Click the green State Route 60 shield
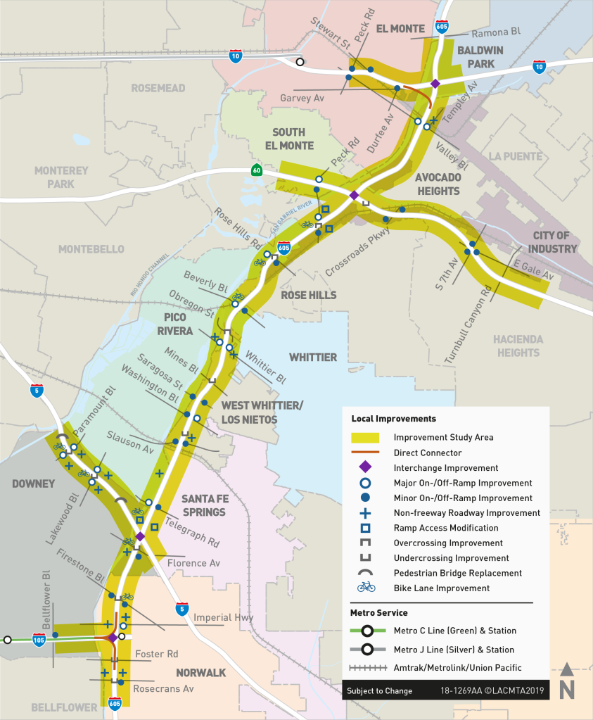[x=258, y=170]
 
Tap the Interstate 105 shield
[x=39, y=640]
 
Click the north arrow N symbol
[x=566, y=682]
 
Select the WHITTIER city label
[x=312, y=357]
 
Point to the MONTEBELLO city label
[x=91, y=249]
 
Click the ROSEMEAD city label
[x=158, y=88]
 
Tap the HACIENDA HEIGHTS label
[x=518, y=346]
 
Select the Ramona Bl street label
[x=495, y=33]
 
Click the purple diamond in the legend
[x=365, y=468]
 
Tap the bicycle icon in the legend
[x=365, y=588]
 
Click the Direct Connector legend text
[x=428, y=453]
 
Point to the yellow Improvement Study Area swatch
[x=365, y=438]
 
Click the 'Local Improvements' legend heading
[x=393, y=419]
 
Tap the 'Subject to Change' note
[x=379, y=690]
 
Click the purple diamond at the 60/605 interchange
[x=354, y=195]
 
